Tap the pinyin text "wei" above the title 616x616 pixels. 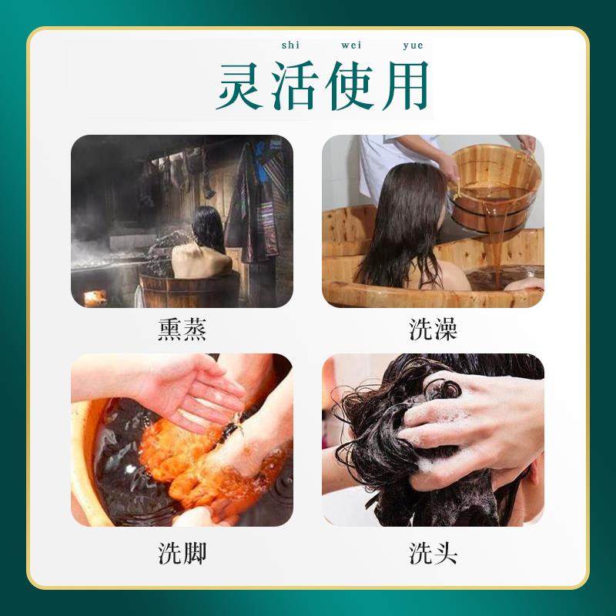pos(351,46)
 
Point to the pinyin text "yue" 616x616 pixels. pos(413,46)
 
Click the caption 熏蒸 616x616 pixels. pos(182,330)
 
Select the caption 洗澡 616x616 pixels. pos(433,330)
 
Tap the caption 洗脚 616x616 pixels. pos(182,552)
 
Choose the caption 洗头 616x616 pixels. pos(433,552)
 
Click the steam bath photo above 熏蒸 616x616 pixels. pos(182,222)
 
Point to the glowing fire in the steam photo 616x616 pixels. pos(95,297)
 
